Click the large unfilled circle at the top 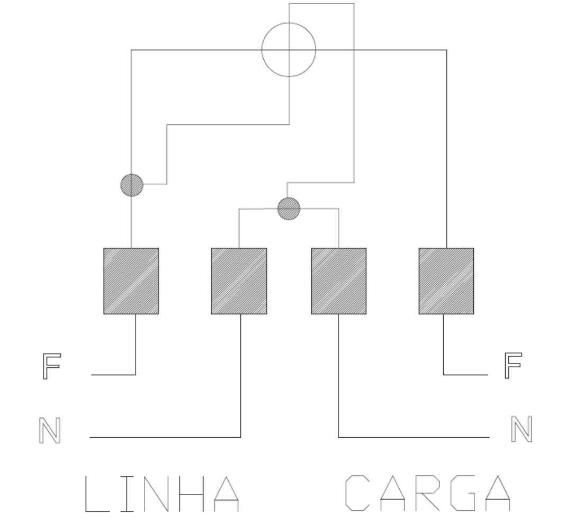point(262,50)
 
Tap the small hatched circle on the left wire point(132,185)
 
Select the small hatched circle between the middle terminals point(289,209)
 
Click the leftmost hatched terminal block point(131,281)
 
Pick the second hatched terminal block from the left point(239,281)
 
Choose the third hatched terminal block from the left point(338,281)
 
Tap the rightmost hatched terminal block point(446,281)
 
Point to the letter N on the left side point(50,430)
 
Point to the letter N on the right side point(522,429)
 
